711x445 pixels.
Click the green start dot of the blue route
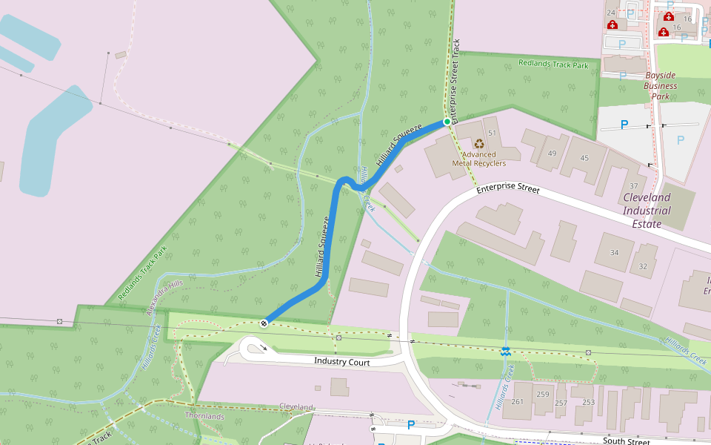tap(447, 121)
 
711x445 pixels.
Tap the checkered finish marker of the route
tap(264, 323)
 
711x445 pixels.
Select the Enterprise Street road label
tap(508, 189)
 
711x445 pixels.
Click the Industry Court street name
tap(341, 361)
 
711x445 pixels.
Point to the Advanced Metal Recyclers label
tap(479, 159)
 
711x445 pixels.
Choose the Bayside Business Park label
tap(660, 86)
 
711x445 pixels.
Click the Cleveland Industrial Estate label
tap(647, 204)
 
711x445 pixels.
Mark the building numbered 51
tap(492, 132)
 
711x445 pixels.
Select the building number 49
tap(552, 153)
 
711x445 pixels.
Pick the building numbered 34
tap(614, 253)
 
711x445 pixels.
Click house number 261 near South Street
tap(517, 402)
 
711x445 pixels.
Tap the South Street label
tap(626, 441)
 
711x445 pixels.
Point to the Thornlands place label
tap(204, 416)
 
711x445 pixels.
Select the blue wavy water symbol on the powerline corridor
tap(505, 351)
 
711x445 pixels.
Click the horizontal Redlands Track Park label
tap(553, 65)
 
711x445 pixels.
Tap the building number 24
tap(611, 13)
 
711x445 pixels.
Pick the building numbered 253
tap(588, 402)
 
